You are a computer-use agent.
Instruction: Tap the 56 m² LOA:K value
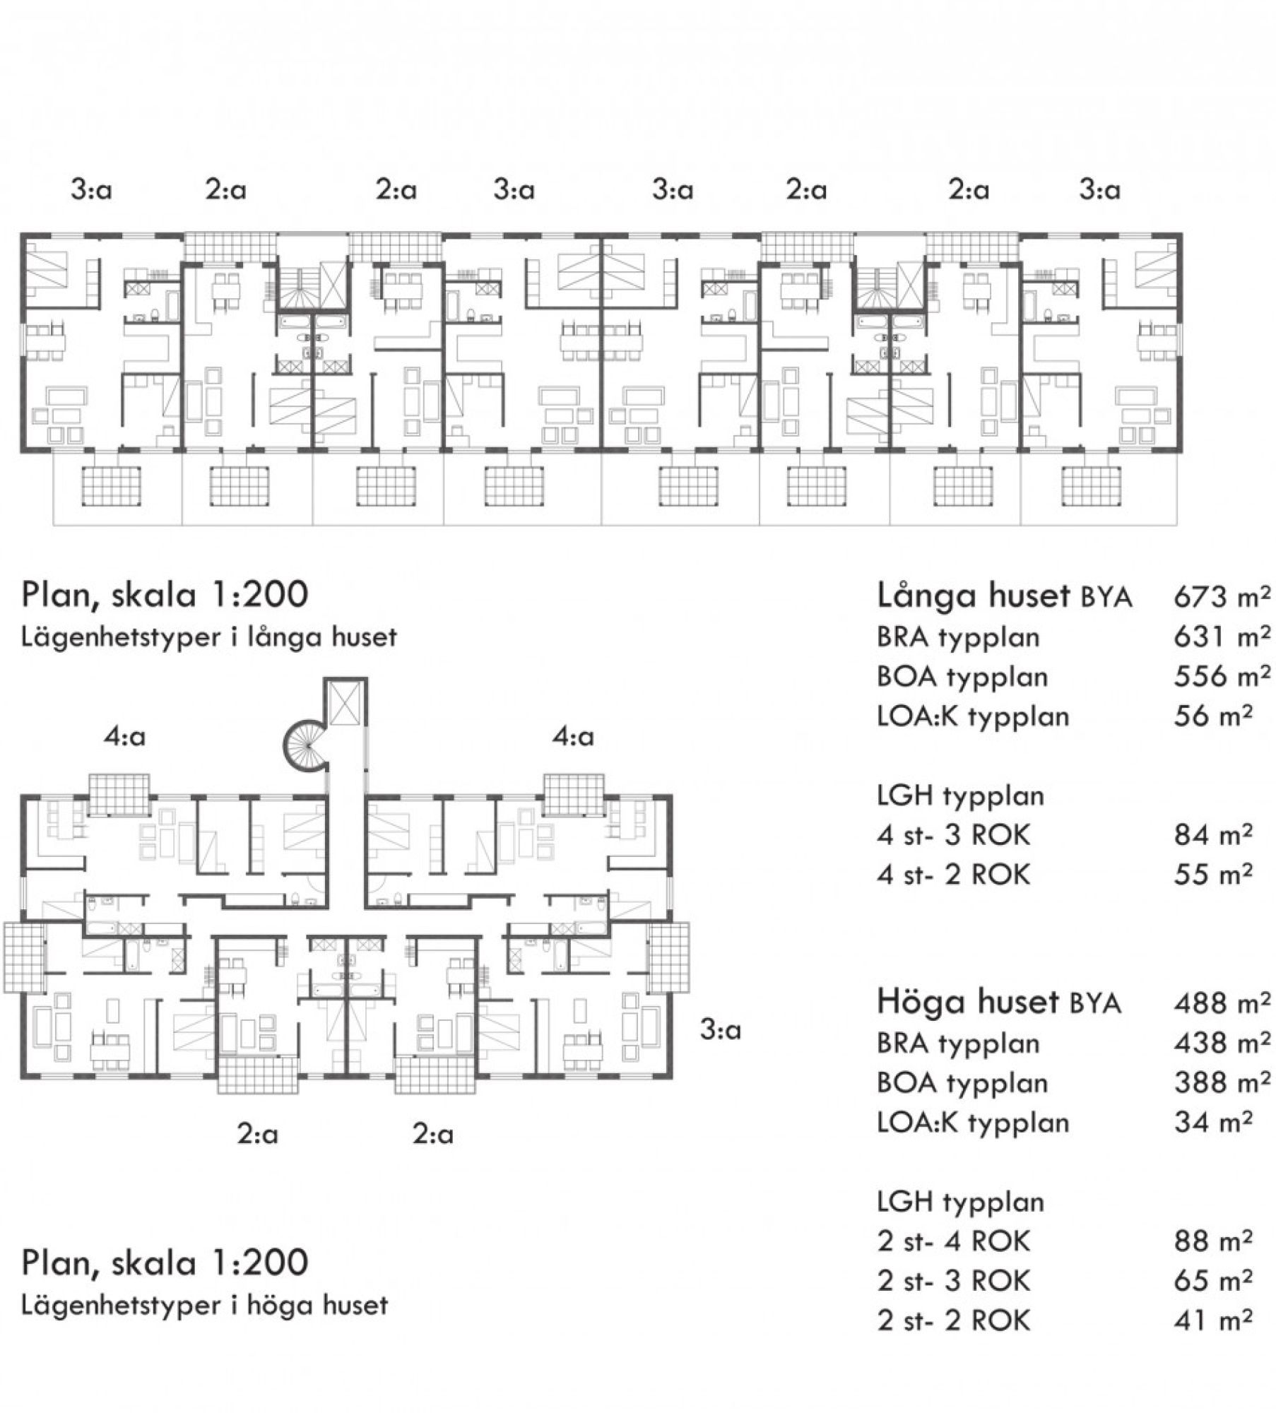point(1213,716)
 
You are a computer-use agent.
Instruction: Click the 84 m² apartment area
point(1213,835)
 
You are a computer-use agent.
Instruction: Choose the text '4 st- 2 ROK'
point(954,875)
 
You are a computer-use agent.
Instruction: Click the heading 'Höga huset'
point(968,1003)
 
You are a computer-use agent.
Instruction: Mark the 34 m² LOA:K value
point(1213,1122)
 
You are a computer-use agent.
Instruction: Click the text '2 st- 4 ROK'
point(954,1241)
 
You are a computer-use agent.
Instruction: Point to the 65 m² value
point(1213,1280)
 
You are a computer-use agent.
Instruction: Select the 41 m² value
point(1213,1320)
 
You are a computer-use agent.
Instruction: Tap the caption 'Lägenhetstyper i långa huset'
point(209,637)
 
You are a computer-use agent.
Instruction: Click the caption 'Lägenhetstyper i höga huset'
point(205,1305)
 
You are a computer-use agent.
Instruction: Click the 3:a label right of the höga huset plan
point(721,1030)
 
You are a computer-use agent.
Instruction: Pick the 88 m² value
point(1213,1241)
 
